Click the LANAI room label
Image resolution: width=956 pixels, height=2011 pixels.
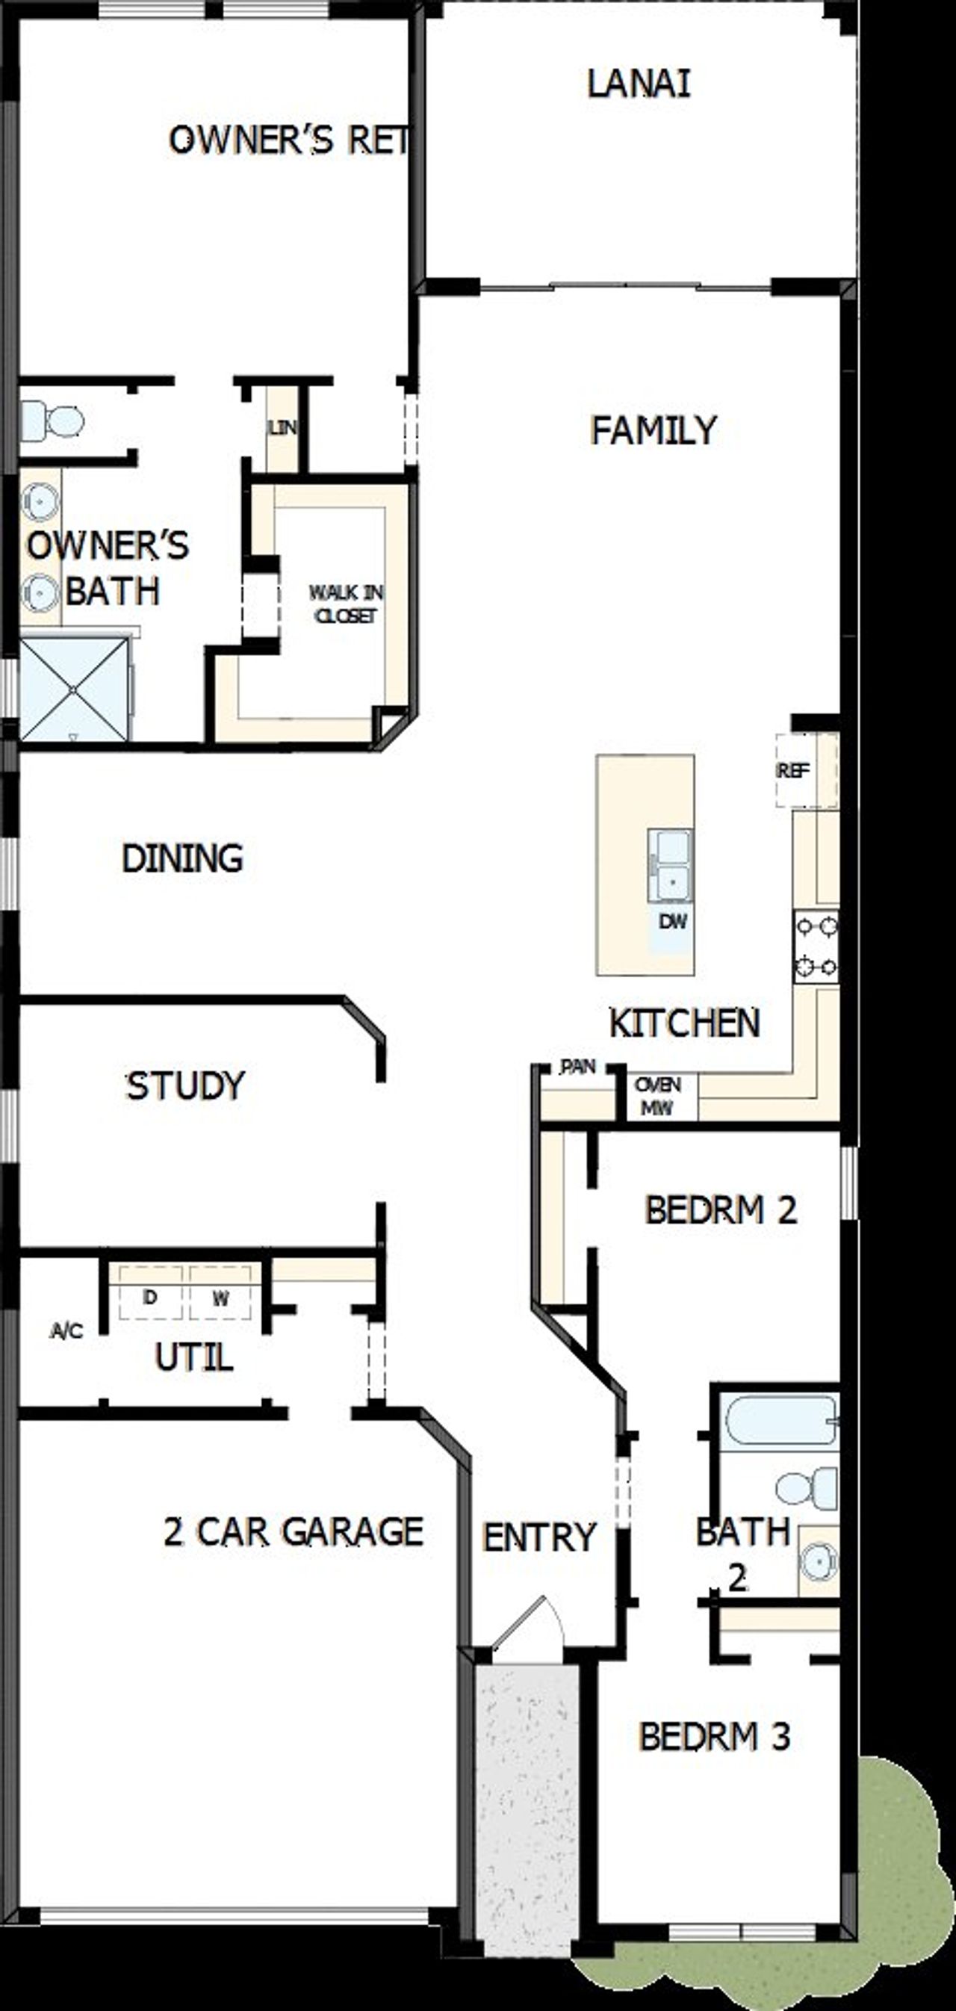pos(639,84)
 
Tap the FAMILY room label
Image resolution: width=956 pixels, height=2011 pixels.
pos(654,430)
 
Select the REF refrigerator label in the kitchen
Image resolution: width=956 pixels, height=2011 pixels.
pos(793,770)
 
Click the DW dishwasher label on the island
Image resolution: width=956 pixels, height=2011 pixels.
pos(673,921)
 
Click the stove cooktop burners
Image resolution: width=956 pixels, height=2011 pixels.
pos(816,946)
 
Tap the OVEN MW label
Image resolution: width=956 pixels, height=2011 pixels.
pos(658,1095)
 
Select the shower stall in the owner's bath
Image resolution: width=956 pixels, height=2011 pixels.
pos(73,689)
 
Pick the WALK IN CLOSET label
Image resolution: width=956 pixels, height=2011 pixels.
pos(346,604)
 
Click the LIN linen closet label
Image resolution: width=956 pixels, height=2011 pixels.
pos(282,428)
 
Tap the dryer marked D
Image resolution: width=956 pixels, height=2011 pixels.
pos(150,1297)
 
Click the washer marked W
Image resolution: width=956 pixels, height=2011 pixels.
pos(221,1298)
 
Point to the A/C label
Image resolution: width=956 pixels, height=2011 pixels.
pos(66,1330)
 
